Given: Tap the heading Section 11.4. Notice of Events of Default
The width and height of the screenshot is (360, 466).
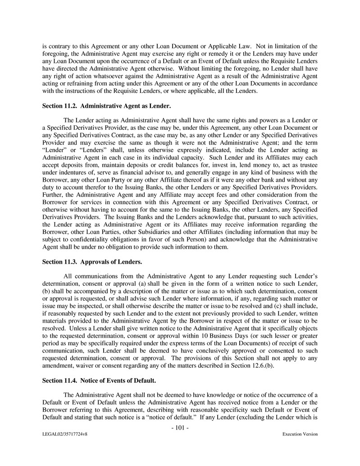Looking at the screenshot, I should (99, 380).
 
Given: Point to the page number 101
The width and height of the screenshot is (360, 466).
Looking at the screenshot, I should (180, 427).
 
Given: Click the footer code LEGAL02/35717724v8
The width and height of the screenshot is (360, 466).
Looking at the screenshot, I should (63, 434).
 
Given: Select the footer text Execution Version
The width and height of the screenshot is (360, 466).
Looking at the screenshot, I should (300, 434).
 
